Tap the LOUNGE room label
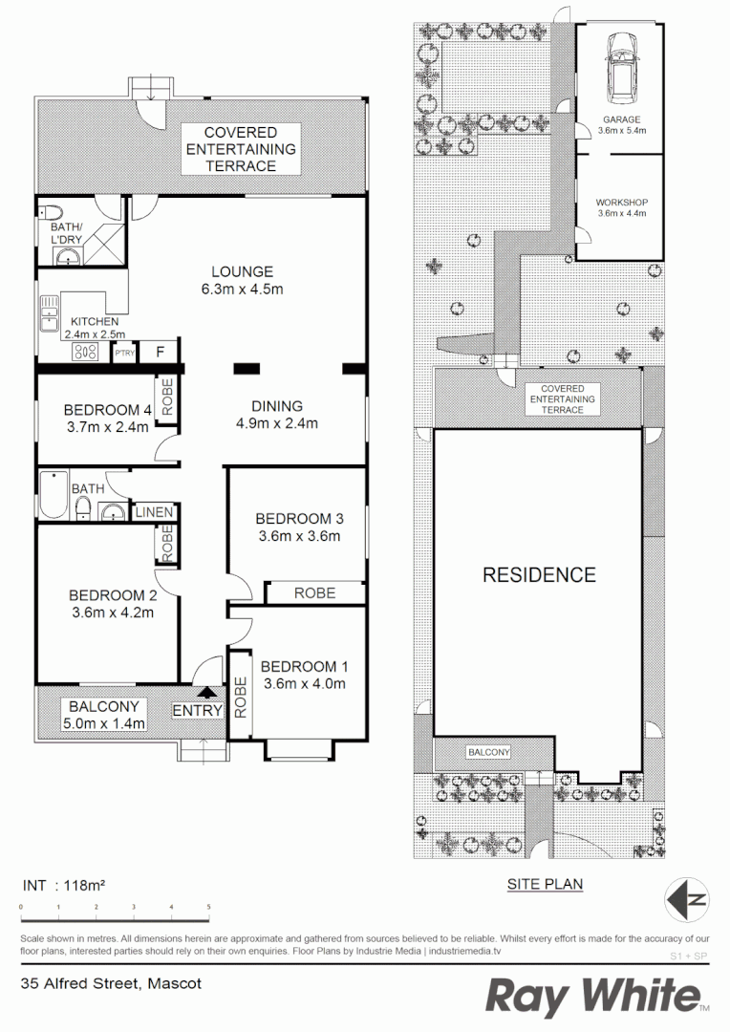coord(242,271)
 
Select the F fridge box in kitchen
coord(161,353)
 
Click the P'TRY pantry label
coord(124,354)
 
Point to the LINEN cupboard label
coord(154,513)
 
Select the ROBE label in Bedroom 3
coord(314,592)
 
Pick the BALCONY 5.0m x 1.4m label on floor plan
coord(105,715)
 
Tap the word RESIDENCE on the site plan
coord(539,574)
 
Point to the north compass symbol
coord(688,898)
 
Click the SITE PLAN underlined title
coord(545,885)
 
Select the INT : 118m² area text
coord(63,885)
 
